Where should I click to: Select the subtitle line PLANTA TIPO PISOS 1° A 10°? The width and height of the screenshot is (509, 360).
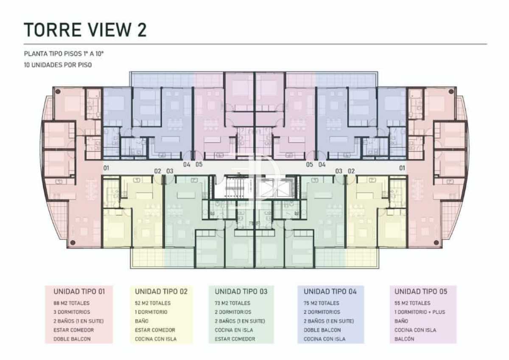pos(64,54)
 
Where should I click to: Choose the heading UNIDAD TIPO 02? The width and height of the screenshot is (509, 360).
pos(161,292)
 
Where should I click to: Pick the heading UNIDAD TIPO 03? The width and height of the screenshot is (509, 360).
pos(241,292)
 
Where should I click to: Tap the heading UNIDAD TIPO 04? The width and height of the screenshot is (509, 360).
pos(330,292)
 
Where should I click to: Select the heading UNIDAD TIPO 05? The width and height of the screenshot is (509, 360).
pos(420,292)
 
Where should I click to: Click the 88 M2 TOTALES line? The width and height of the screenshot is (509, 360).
pos(71,303)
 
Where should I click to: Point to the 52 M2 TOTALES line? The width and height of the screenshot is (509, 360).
pos(153,303)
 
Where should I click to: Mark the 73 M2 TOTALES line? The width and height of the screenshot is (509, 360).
pos(232,303)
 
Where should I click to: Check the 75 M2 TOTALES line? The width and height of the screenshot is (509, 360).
pos(322,303)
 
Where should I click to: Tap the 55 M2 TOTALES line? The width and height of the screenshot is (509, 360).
pos(412,303)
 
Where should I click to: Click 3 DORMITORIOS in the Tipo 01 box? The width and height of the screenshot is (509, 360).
pos(72,312)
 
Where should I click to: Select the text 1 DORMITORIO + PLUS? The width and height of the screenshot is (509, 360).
pos(419,312)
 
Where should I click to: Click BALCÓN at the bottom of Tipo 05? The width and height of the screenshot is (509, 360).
pos(404,339)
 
